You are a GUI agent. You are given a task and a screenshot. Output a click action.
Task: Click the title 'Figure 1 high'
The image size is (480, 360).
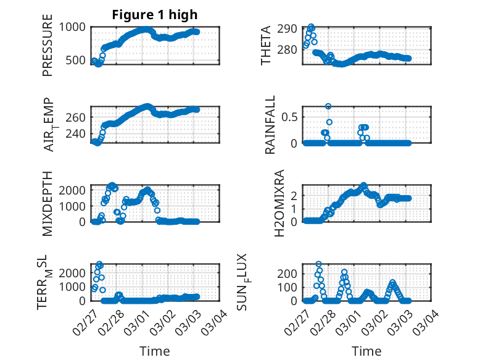[155, 15]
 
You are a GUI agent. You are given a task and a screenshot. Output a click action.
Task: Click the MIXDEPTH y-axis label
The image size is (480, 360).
[48, 203]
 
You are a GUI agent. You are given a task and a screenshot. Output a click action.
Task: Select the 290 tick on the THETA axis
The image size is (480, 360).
[288, 28]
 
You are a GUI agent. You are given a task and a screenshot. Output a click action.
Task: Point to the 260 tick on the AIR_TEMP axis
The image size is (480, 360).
[78, 117]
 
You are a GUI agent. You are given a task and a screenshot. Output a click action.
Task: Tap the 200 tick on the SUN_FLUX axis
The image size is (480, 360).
[290, 273]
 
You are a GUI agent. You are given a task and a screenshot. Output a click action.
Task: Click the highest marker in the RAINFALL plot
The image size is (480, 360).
[328, 106]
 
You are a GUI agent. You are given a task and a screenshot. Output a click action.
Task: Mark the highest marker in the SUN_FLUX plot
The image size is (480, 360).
[318, 264]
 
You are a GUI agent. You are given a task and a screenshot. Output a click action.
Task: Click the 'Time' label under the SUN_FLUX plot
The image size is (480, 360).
[366, 351]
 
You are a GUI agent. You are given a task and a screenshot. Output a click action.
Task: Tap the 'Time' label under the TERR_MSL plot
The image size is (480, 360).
[155, 351]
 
